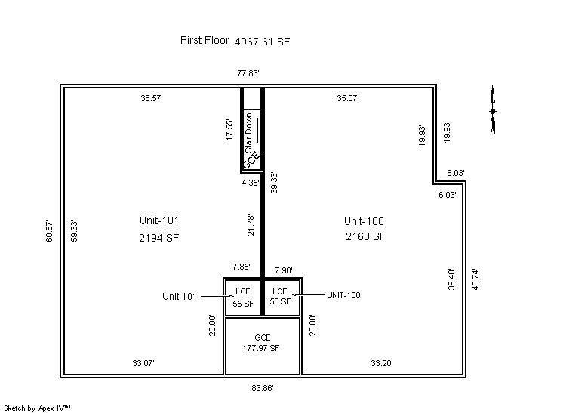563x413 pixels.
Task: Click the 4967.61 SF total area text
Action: tap(262, 42)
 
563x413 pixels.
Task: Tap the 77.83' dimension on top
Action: tap(248, 73)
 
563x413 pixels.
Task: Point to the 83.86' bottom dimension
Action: tap(263, 388)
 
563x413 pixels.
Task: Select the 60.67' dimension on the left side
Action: tap(49, 232)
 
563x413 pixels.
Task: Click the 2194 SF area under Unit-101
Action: tap(158, 238)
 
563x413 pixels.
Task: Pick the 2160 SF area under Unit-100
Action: tap(365, 236)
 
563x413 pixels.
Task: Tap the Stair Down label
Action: tap(248, 132)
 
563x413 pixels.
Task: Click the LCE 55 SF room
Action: tap(243, 297)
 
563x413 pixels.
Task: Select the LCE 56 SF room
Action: tap(281, 297)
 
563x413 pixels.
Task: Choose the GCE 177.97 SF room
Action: tap(262, 346)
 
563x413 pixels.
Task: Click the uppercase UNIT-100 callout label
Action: tap(343, 295)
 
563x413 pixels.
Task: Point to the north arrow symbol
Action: tap(493, 110)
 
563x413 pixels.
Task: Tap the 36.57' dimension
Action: tap(152, 98)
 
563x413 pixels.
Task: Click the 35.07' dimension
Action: tap(348, 98)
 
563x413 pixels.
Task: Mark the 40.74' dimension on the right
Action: tap(475, 279)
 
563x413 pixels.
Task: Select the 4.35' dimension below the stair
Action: tap(251, 183)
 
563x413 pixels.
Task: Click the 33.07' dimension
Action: tap(143, 363)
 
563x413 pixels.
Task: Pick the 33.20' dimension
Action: tap(382, 363)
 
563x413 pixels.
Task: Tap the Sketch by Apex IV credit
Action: tap(37, 408)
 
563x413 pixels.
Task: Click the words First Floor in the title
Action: tap(205, 40)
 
